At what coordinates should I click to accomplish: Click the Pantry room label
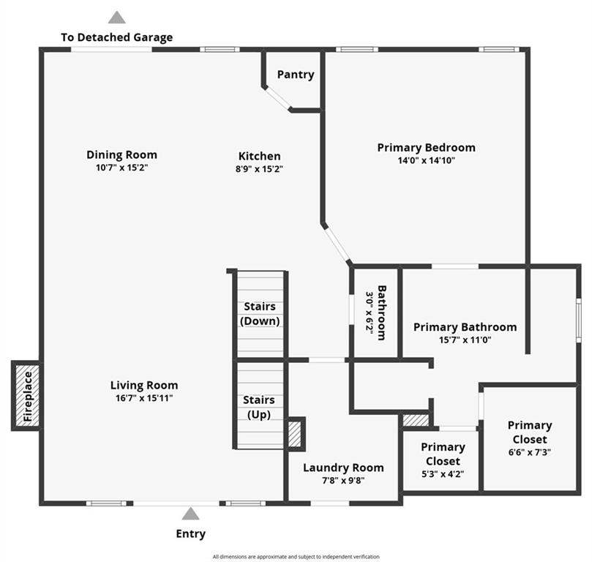296,75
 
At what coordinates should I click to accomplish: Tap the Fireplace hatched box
27,396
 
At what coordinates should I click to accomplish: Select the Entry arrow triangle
191,514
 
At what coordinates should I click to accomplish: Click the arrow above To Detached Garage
117,18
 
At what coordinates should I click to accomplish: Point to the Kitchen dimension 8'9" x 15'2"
259,169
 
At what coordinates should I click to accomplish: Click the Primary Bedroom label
427,148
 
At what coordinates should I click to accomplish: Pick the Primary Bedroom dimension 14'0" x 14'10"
427,160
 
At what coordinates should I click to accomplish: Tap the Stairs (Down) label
260,314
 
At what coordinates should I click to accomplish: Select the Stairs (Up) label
259,408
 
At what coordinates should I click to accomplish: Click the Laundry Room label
344,468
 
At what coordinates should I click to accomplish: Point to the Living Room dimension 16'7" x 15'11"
144,398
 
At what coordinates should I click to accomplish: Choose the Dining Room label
121,154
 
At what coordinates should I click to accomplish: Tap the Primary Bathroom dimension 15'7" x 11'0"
465,340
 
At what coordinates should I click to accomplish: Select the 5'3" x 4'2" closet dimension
443,474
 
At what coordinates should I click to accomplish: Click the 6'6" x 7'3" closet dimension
530,452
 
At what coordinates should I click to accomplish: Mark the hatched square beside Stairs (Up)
296,434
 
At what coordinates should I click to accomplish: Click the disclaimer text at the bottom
296,556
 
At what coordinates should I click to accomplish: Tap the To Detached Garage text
117,37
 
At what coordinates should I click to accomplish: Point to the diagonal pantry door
277,98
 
